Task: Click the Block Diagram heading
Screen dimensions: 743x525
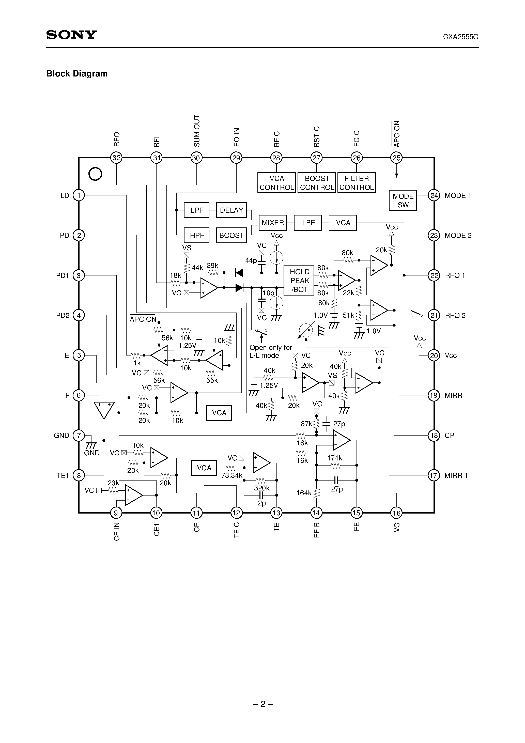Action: tap(77, 73)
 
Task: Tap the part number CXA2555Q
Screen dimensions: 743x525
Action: tap(461, 37)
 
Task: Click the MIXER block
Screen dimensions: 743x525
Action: tap(272, 223)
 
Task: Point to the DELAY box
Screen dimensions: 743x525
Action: tap(231, 210)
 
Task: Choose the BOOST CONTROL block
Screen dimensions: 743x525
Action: tap(317, 183)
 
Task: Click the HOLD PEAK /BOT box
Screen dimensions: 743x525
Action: tap(299, 281)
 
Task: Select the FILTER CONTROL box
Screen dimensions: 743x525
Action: tap(356, 183)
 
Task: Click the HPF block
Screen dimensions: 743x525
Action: tap(197, 235)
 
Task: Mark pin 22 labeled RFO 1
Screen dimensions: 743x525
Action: tap(434, 275)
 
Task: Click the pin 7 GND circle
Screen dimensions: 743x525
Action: tap(79, 435)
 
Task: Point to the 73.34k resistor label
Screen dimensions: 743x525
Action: tap(232, 475)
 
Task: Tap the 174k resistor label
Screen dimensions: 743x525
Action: tap(334, 458)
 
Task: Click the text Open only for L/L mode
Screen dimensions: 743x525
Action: tap(270, 351)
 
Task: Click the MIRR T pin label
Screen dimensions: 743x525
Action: tap(456, 475)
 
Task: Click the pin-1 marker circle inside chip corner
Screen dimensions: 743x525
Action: tap(95, 174)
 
